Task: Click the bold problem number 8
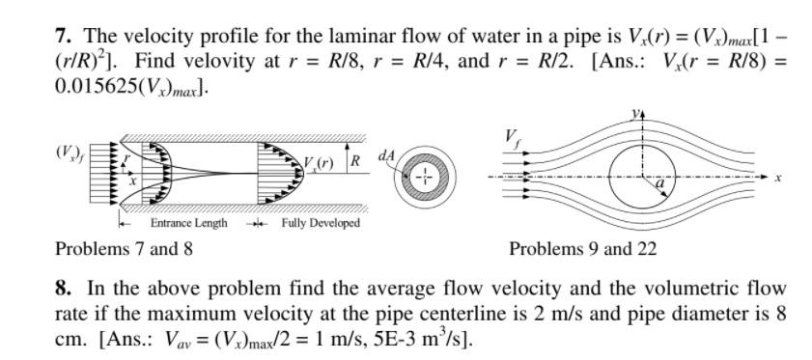64,288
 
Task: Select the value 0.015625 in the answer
95,88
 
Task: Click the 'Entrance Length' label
189,223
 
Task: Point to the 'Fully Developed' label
321,223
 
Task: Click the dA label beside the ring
387,155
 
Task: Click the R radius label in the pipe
355,160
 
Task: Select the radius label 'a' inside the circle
659,183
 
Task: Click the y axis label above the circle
635,114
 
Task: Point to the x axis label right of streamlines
777,178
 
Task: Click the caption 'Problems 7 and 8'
124,249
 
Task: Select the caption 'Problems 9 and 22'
582,249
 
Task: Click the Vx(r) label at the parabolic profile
318,164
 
